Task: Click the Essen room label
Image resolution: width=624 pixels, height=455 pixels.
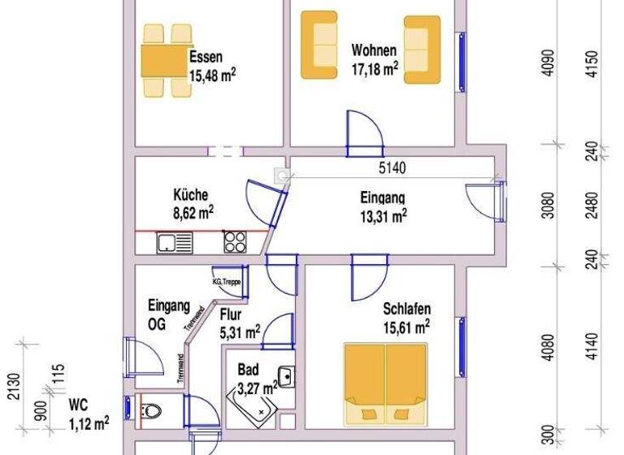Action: (x=206, y=58)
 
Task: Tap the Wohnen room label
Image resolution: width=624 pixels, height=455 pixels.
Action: (x=374, y=50)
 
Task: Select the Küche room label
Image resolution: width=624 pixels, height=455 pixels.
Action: (x=191, y=195)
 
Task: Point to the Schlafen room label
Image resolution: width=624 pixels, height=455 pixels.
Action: (x=406, y=309)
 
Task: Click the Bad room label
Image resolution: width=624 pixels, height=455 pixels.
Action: (x=248, y=370)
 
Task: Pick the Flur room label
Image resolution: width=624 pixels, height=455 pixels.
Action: (x=230, y=315)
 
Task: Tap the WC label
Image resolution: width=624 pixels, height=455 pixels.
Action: (x=79, y=404)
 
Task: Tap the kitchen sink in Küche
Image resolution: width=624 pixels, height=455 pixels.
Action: (x=174, y=241)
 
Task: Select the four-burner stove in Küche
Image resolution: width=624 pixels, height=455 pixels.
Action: (x=235, y=240)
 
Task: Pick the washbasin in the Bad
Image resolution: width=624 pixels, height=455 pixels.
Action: (x=286, y=376)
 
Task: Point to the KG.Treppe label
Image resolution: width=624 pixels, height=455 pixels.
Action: (x=228, y=281)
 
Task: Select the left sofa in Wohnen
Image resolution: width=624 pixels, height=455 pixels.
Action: (x=319, y=45)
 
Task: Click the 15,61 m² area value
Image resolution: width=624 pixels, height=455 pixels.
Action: (x=406, y=327)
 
